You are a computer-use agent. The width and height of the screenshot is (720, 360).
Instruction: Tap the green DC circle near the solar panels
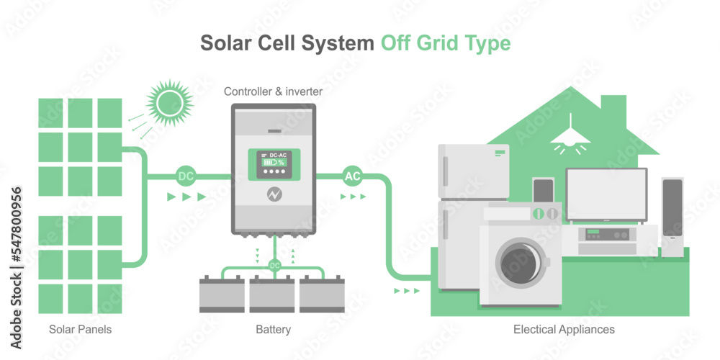pos(185,176)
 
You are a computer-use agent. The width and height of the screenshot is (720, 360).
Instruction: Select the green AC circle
pos(353,176)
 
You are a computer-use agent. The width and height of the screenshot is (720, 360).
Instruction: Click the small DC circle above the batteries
pos(274,266)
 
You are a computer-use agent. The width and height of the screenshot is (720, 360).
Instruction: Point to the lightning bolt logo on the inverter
pos(274,194)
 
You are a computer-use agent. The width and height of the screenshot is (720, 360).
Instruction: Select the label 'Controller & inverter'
pos(273,91)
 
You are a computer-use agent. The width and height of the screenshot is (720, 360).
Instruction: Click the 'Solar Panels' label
pos(81,330)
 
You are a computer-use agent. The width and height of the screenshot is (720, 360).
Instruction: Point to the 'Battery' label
pos(273,330)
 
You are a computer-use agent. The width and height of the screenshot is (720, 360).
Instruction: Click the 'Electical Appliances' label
pos(564,330)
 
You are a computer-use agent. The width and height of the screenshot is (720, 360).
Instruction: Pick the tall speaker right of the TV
pos(672,216)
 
